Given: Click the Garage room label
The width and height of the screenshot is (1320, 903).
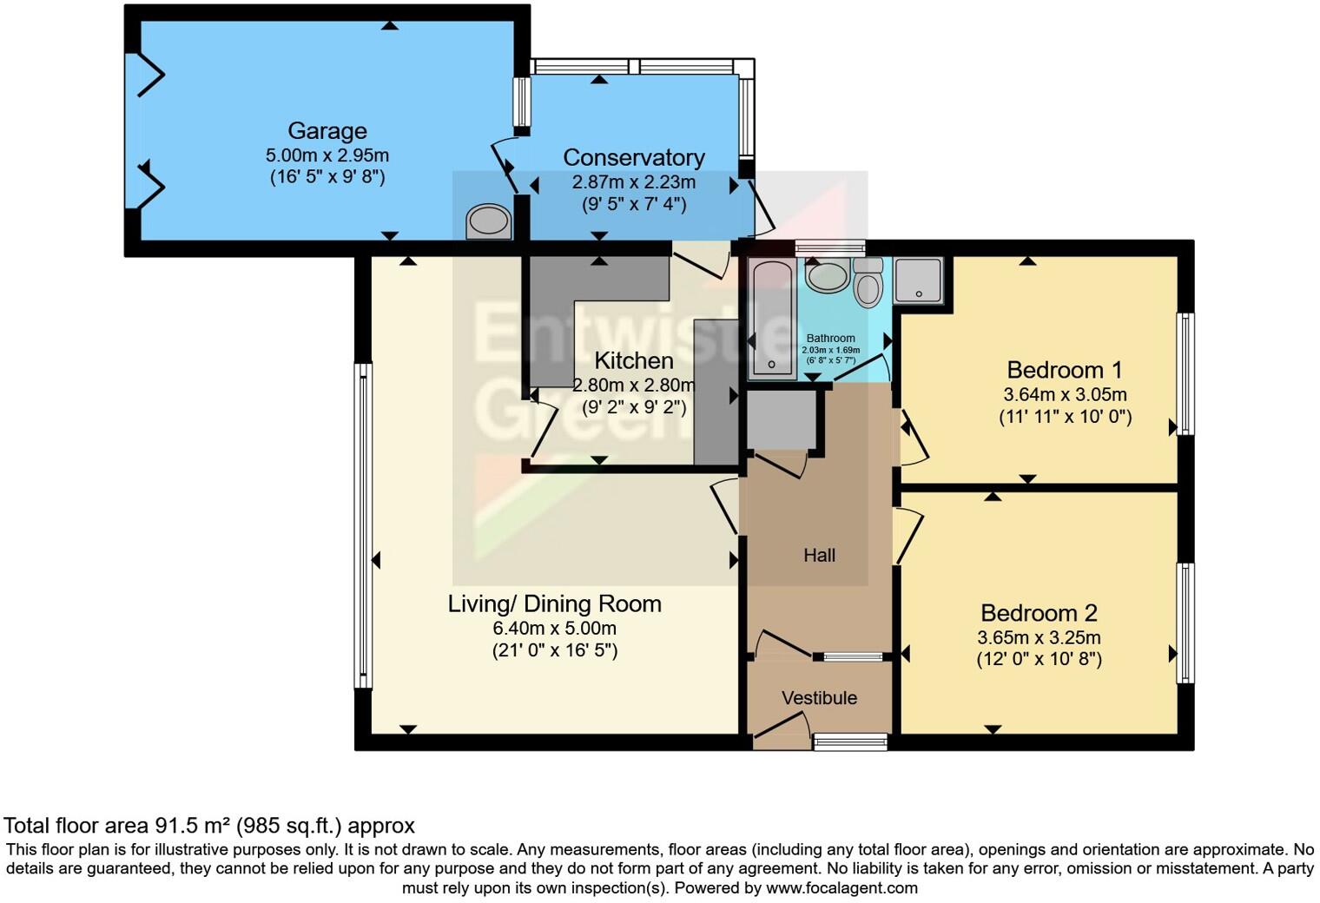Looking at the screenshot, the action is [327, 131].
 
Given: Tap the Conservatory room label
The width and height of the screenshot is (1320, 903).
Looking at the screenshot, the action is [633, 158].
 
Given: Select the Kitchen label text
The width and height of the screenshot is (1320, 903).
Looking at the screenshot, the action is [633, 360].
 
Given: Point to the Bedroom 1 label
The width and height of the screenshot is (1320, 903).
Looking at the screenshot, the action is [1065, 370].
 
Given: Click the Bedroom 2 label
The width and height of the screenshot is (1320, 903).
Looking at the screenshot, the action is [1039, 613].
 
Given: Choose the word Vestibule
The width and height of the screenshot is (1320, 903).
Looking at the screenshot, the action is [819, 698].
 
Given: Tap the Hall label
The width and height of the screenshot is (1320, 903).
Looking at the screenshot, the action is [819, 555].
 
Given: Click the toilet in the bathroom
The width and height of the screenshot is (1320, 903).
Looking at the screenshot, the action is [868, 282].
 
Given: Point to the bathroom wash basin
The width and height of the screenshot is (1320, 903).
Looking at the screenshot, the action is [828, 276].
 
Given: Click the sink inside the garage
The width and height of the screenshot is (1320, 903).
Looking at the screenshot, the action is [489, 222].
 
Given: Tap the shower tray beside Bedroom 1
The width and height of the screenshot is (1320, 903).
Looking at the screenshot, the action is [918, 280].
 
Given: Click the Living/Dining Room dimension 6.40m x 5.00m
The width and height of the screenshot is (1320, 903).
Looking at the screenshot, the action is [555, 628].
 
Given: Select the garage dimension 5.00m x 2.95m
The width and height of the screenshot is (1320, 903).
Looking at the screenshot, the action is [327, 155].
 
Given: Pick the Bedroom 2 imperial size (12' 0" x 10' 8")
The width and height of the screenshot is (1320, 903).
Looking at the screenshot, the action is [1039, 659].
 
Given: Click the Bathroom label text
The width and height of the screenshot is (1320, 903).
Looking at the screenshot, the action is [830, 338].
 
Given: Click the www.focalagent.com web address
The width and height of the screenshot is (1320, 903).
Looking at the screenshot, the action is [841, 887].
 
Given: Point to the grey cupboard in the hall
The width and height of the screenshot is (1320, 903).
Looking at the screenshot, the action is [782, 419].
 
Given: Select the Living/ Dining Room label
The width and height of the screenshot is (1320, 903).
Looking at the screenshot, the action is [555, 604].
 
